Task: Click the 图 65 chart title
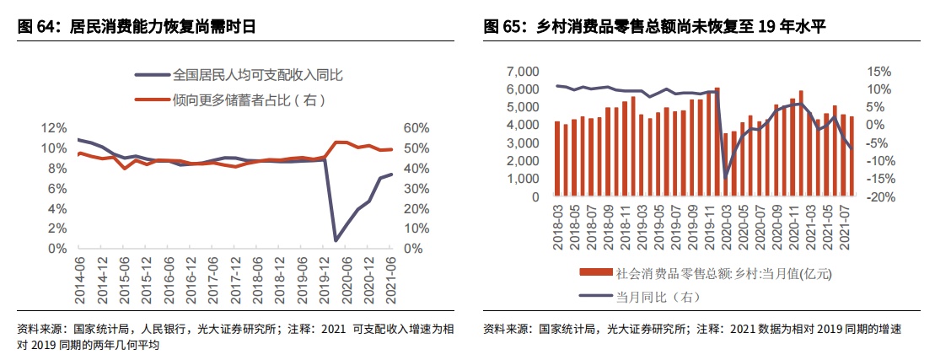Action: click(654, 27)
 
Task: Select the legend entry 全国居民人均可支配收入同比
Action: click(257, 75)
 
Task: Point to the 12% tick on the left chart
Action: click(55, 128)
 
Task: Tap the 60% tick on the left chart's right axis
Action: click(417, 128)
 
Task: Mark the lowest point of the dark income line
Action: click(336, 240)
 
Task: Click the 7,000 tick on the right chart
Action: click(522, 71)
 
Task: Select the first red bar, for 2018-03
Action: click(557, 159)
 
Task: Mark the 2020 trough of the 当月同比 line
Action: click(726, 178)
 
